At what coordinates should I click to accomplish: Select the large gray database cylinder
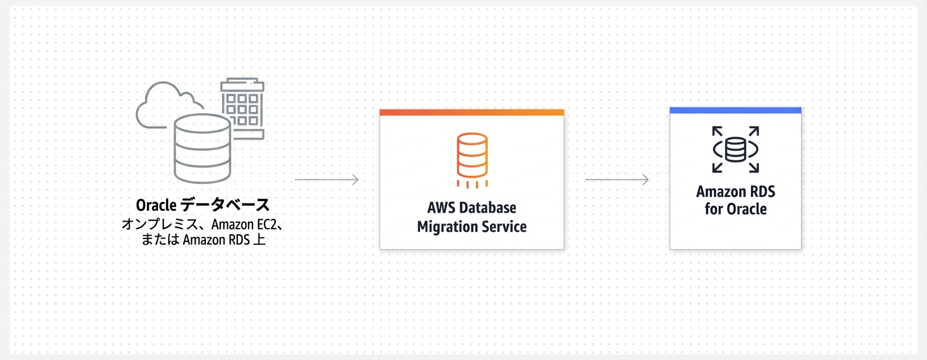tap(202, 148)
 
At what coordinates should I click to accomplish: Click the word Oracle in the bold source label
tap(156, 205)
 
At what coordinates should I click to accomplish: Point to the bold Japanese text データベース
tap(226, 205)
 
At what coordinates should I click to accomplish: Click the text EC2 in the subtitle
tap(267, 224)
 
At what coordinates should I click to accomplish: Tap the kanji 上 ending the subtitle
tap(259, 240)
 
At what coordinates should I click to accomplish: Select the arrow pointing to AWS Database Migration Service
tap(326, 179)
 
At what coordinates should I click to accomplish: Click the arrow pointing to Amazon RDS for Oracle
tap(616, 179)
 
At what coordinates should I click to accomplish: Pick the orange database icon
tap(472, 160)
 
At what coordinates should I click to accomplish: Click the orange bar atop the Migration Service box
tap(472, 112)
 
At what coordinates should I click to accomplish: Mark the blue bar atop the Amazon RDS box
tap(735, 110)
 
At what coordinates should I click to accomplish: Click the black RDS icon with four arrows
tap(735, 150)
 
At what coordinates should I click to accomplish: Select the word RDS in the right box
tap(762, 192)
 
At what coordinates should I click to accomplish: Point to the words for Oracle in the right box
tap(736, 209)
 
